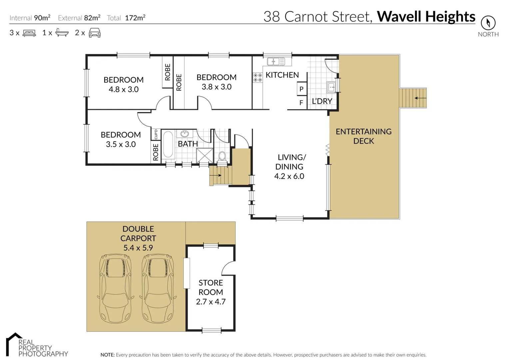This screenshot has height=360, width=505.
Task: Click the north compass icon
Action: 488,23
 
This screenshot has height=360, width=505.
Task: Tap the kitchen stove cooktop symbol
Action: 257,78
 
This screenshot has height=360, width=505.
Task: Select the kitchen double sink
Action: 276,61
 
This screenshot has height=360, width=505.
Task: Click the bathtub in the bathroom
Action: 168,144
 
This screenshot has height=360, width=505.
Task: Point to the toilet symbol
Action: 222,156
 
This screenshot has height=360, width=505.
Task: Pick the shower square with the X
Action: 205,155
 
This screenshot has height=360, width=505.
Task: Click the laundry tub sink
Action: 331,87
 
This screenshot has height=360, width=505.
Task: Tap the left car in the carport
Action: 115,289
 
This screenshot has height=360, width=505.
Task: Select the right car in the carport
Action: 158,289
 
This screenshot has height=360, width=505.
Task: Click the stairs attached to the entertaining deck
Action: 413,98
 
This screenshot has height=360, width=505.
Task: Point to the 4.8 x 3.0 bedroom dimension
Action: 124,89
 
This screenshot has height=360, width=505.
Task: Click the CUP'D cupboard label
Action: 156,134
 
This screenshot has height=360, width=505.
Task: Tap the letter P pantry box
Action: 301,89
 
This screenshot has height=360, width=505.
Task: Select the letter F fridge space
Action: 301,103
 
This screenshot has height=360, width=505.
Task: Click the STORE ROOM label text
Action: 211,287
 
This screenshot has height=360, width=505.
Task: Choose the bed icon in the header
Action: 29,33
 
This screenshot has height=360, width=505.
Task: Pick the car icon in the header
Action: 95,33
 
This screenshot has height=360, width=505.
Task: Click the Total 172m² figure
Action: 135,18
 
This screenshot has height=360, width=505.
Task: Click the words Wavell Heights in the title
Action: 426,17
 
